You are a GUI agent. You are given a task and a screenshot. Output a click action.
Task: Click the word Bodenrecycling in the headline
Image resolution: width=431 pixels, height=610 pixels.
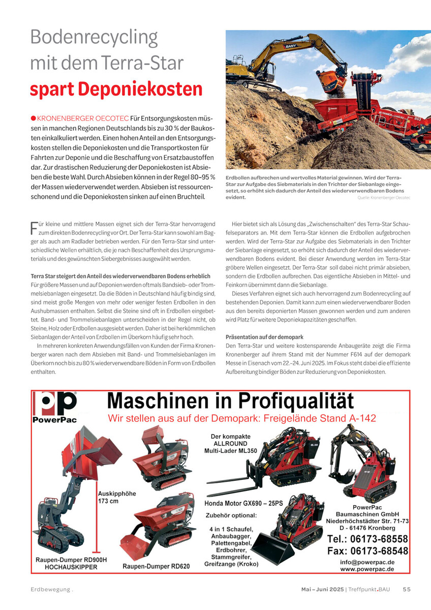coord(94,38)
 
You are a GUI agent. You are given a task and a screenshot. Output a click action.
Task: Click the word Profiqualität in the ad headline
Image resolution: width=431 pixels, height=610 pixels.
coord(294,401)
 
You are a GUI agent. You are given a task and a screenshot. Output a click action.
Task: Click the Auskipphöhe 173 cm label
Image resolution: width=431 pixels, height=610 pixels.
coord(117,497)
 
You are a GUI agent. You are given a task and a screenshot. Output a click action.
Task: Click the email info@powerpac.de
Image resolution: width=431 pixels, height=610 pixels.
coord(367,562)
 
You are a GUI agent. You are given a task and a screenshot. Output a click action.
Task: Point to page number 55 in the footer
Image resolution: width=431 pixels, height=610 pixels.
coord(406,590)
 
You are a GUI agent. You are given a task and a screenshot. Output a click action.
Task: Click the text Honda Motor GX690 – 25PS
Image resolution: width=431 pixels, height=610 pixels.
coord(243,503)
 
